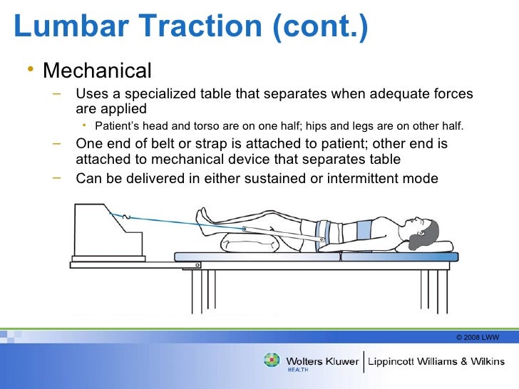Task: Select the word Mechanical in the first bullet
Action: (x=97, y=71)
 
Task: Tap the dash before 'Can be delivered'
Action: (x=56, y=176)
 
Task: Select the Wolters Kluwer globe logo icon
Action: (x=272, y=361)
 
